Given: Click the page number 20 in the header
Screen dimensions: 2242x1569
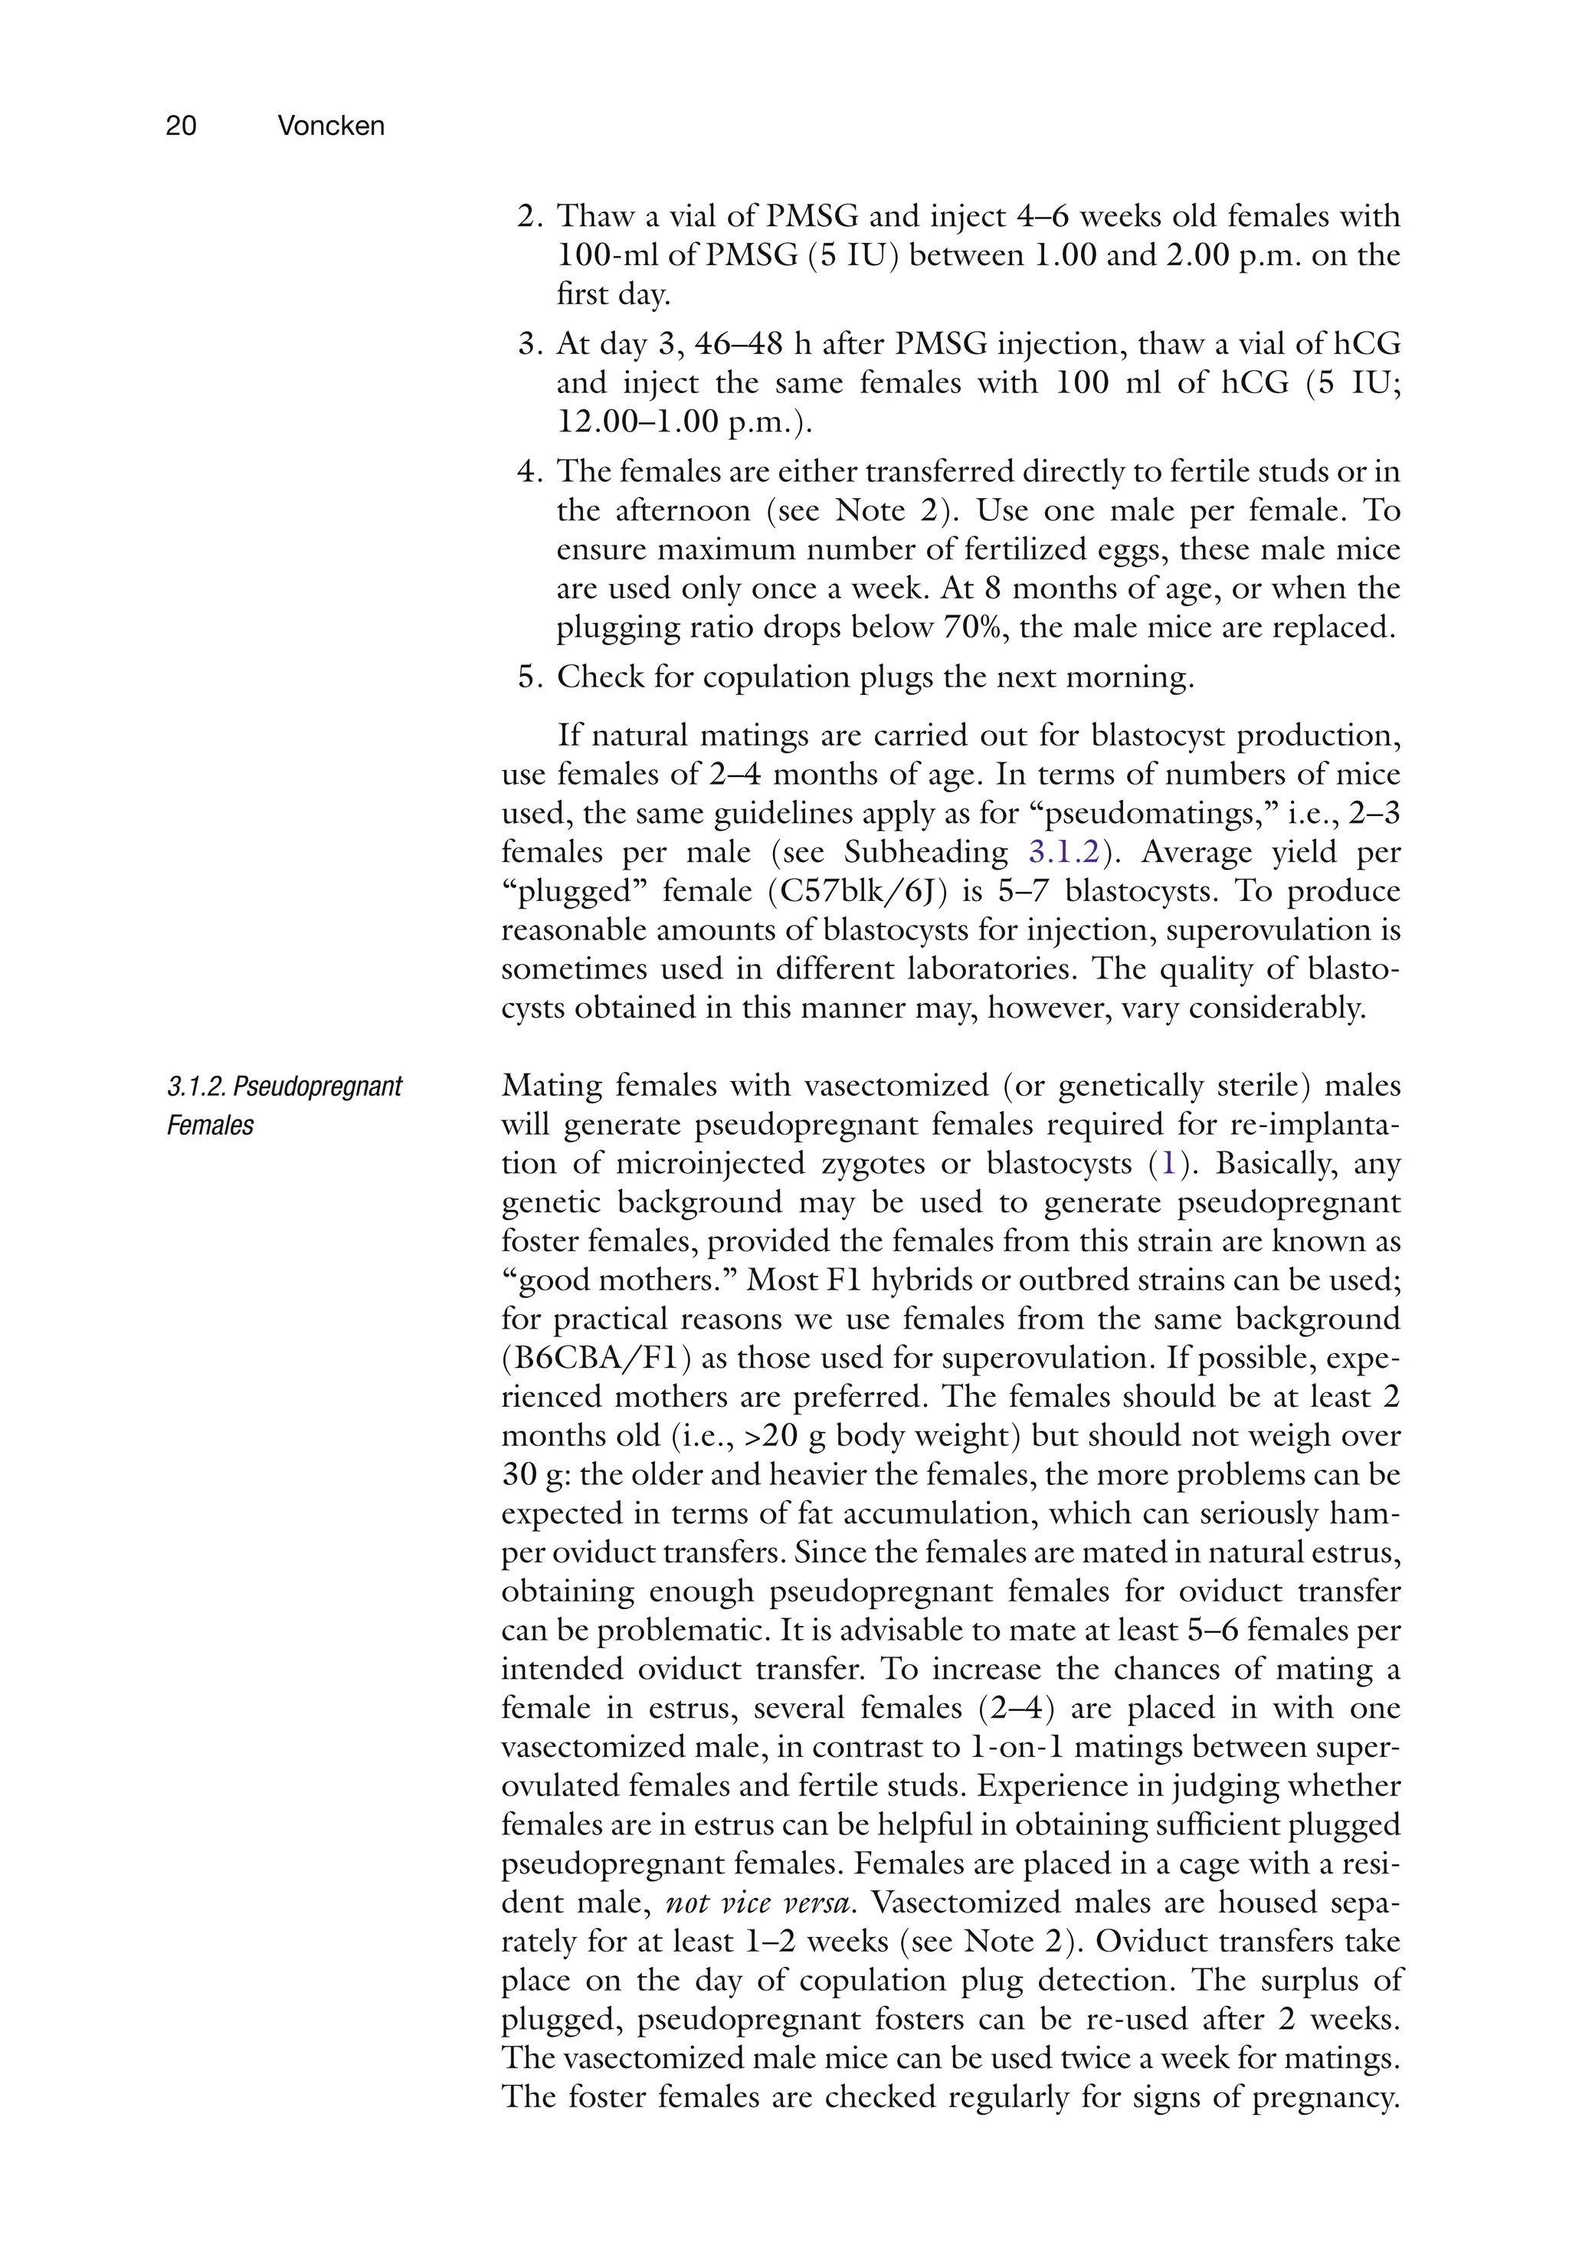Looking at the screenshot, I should pos(182,126).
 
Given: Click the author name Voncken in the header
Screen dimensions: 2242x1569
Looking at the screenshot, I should pos(330,126).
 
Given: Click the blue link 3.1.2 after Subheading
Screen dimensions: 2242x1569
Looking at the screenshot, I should pos(1063,853).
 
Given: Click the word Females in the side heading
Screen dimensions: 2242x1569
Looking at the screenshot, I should pos(210,1126).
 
